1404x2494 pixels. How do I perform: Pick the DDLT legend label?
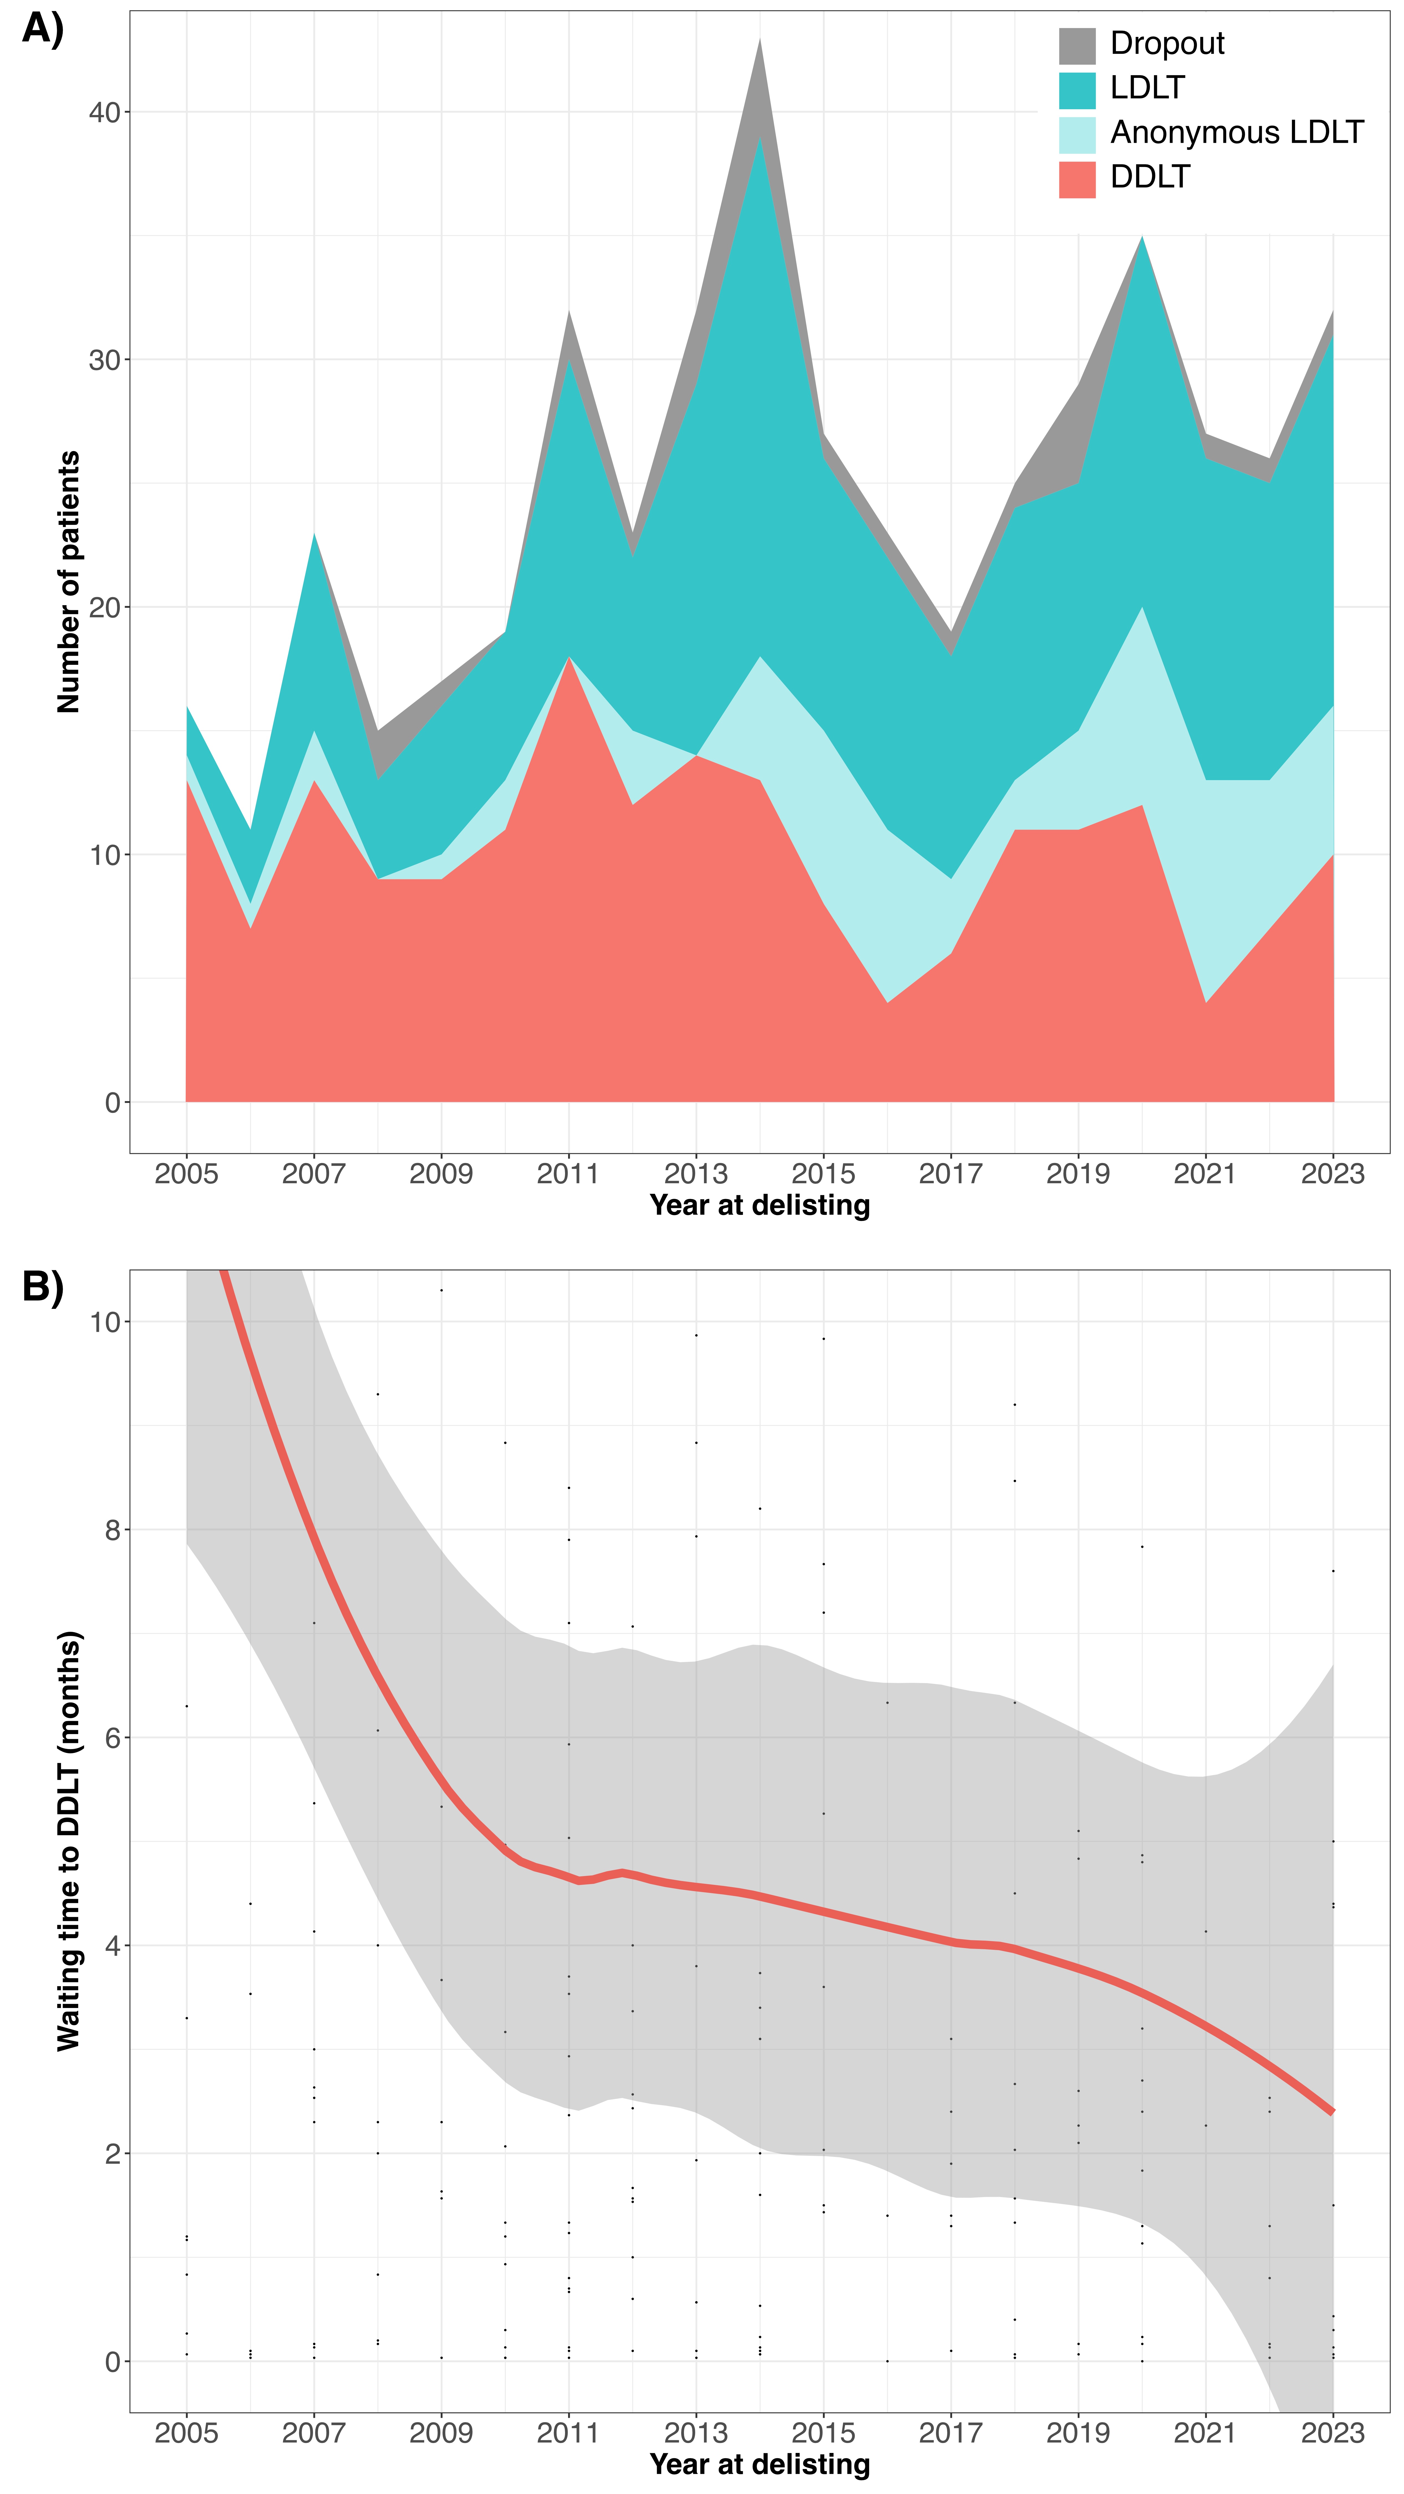[x=1149, y=177]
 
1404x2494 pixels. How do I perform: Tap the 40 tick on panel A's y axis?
[x=105, y=112]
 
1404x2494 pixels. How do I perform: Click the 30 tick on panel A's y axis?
[x=105, y=360]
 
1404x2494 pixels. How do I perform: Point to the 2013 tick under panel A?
[x=695, y=1174]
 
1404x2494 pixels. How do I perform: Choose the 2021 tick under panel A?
[x=1205, y=1174]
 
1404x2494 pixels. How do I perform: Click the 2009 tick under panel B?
[x=441, y=2432]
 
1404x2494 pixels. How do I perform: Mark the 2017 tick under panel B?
[x=950, y=2432]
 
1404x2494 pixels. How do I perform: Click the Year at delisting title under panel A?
[x=759, y=1205]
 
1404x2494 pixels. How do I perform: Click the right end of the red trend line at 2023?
[x=1332, y=2112]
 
